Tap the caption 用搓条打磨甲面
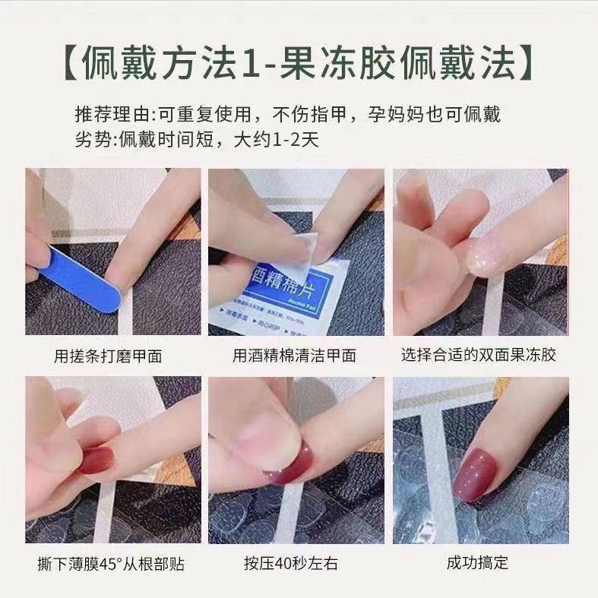(x=107, y=355)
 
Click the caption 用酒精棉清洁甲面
(x=294, y=355)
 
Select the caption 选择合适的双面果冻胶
(x=480, y=355)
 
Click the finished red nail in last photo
(x=479, y=473)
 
